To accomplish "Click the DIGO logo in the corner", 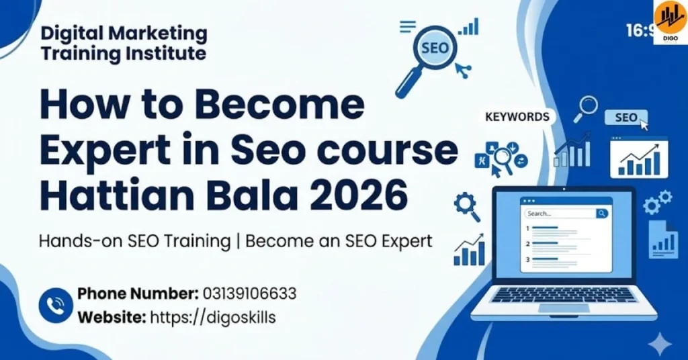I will [671, 22].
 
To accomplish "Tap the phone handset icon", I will [55, 306].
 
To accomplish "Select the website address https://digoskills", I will [212, 318].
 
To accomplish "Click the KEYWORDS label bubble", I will [517, 117].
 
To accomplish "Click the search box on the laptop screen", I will [566, 214].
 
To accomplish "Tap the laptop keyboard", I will [564, 295].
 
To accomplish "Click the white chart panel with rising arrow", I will [638, 158].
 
